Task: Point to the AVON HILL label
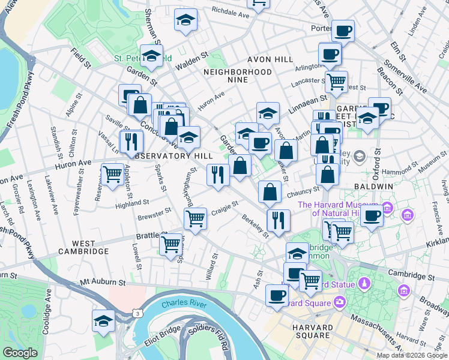270,59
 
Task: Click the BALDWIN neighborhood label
376,187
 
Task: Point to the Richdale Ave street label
230,13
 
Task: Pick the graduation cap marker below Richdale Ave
186,20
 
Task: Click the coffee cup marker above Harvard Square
277,296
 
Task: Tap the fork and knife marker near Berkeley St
278,220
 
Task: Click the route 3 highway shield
137,313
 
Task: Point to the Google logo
19,353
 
